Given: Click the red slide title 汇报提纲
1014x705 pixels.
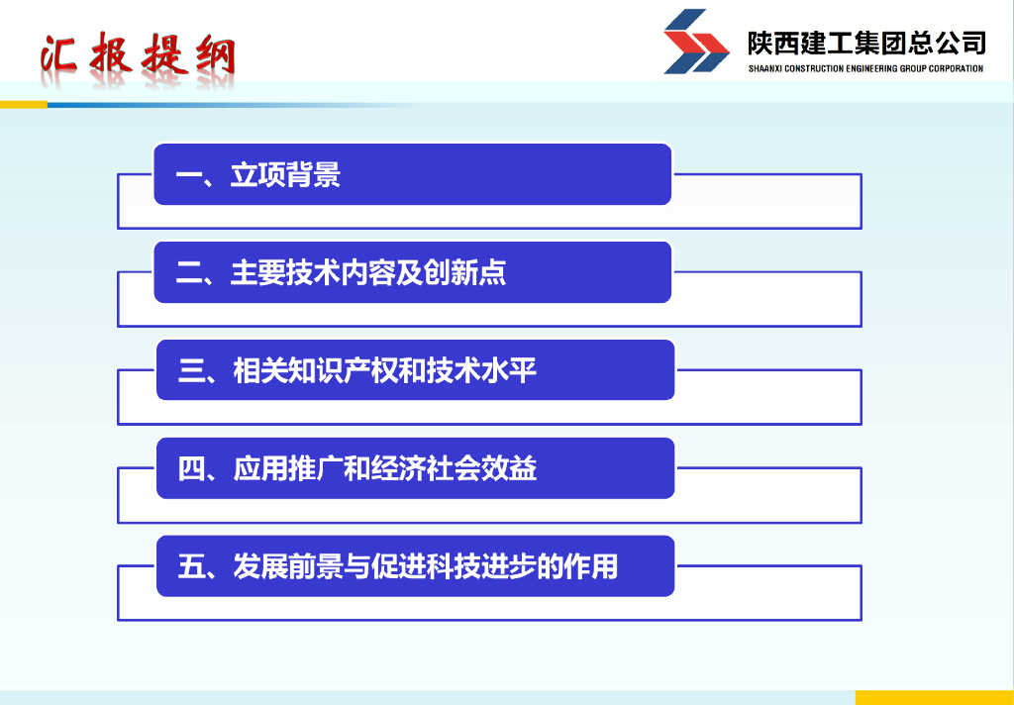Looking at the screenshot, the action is coord(137,53).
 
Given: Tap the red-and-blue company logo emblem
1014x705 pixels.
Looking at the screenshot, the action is coord(696,42).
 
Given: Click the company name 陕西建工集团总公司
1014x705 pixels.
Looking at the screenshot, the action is coord(866,44).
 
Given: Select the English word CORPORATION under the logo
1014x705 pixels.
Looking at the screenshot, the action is coord(956,68).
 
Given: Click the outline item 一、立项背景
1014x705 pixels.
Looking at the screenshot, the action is coord(258,174).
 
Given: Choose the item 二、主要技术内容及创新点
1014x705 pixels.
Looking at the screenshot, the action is coord(341,272).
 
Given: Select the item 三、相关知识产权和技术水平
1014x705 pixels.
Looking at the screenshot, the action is coord(356,370).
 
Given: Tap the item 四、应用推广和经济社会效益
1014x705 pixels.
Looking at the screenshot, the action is coord(356,468).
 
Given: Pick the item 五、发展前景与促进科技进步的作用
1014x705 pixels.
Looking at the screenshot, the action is coord(398,566).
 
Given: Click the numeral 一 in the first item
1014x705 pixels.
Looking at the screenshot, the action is coord(189,175).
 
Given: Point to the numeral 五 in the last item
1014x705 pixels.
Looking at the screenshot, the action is coord(191,566).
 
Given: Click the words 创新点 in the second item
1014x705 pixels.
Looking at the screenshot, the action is coord(465,272).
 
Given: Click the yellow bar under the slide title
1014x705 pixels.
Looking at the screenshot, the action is coord(24,104).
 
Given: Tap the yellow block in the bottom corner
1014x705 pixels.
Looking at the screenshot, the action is coord(935,697).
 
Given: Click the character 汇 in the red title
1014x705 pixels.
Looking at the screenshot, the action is coord(58,53).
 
